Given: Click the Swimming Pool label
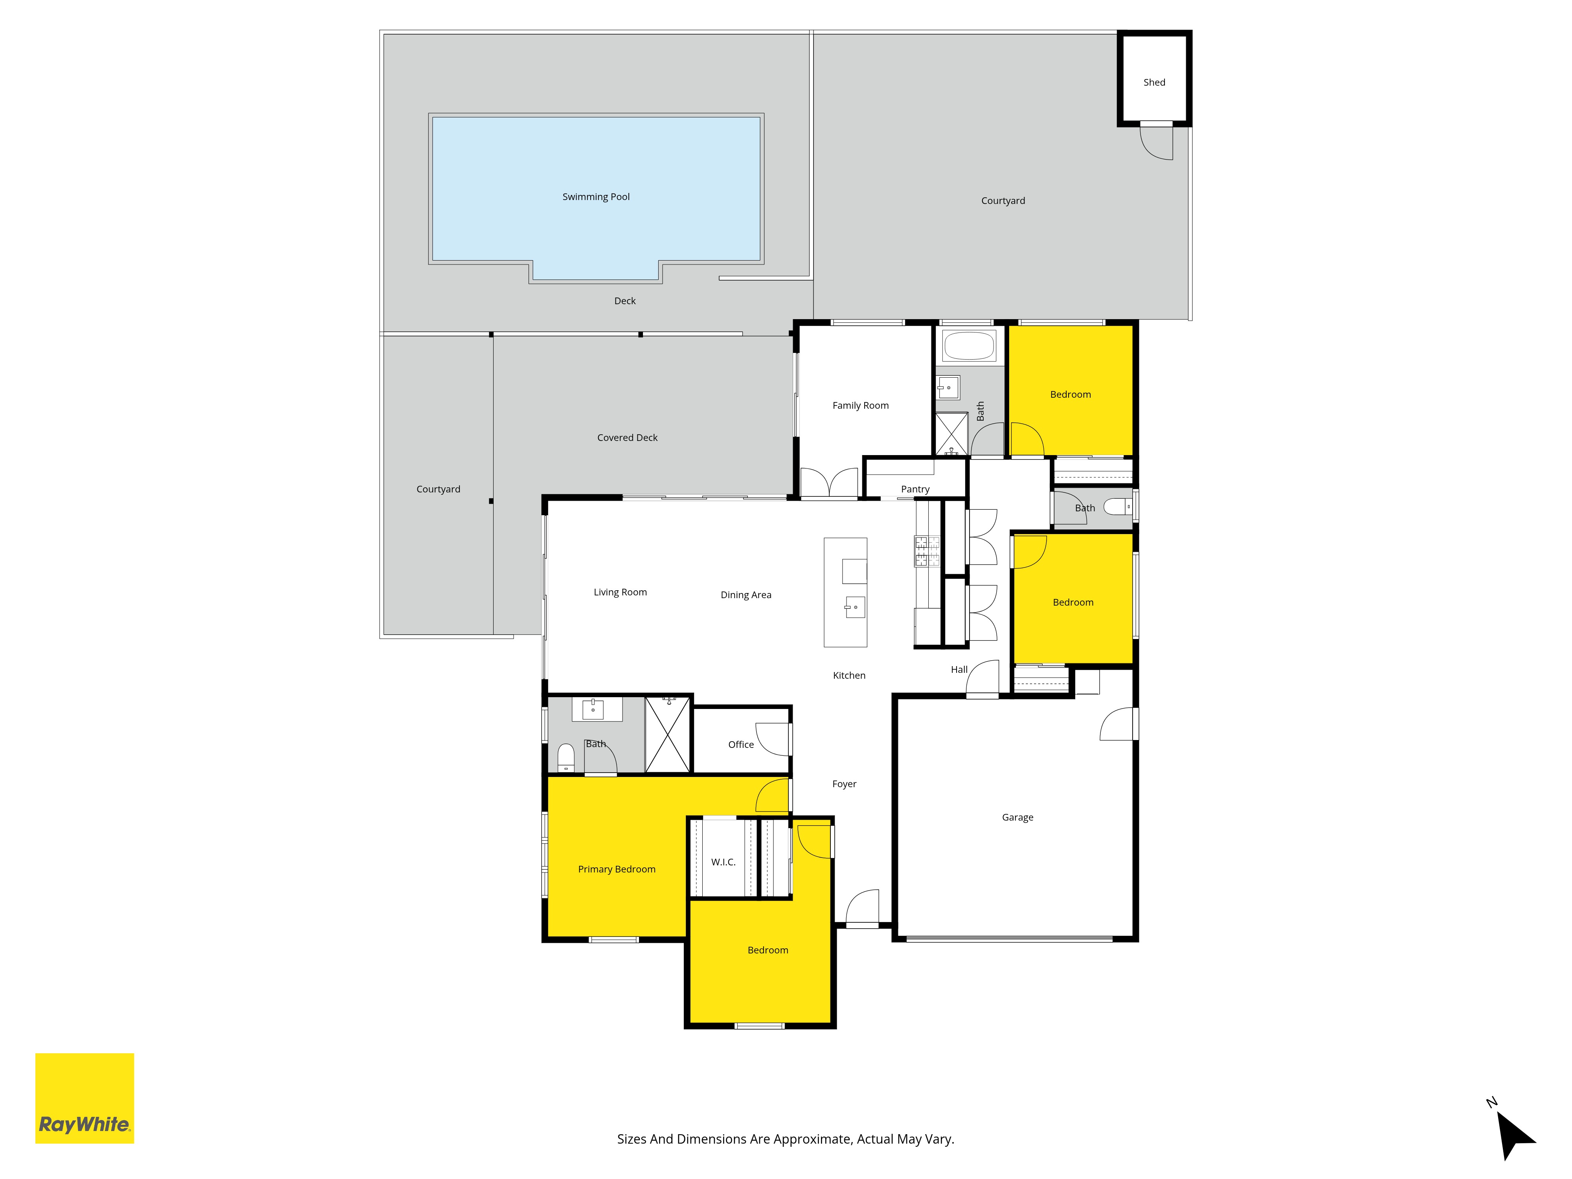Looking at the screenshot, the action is tap(595, 197).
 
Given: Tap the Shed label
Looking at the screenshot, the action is tap(1154, 83).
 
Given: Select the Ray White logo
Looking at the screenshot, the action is tap(84, 1098).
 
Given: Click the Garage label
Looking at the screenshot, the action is tap(1018, 817).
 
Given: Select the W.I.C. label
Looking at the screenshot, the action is tap(724, 862).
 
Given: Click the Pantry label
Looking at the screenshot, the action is tap(915, 489).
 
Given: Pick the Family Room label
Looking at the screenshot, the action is tap(861, 406).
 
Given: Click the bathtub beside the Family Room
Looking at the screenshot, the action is tap(969, 346).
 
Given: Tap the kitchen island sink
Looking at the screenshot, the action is tap(855, 607).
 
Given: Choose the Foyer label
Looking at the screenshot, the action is tap(844, 784).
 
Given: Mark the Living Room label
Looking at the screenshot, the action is tap(621, 592).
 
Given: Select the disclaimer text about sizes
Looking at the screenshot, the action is tap(785, 1139).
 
